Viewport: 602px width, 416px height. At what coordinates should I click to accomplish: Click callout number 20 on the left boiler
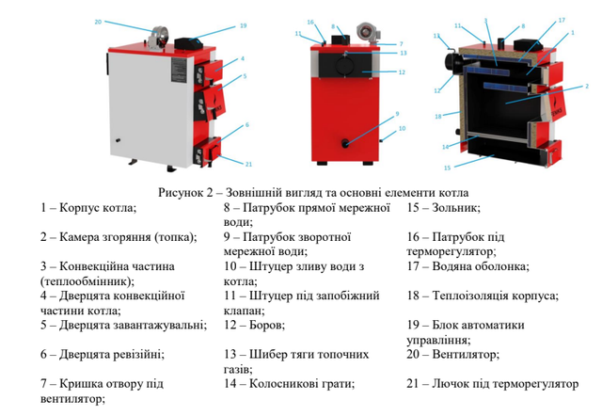(99, 21)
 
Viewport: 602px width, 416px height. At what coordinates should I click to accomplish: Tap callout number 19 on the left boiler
(243, 25)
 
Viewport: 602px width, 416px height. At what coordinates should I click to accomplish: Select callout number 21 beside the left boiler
(248, 164)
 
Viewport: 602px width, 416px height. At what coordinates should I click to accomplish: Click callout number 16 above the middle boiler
(310, 21)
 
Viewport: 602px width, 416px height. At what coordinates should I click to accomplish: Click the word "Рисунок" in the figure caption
(180, 192)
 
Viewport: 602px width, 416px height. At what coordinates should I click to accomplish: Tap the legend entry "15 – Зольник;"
(444, 207)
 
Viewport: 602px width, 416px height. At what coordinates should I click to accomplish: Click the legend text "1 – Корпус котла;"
(88, 207)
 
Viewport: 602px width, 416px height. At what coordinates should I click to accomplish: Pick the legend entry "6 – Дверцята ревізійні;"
(103, 355)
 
